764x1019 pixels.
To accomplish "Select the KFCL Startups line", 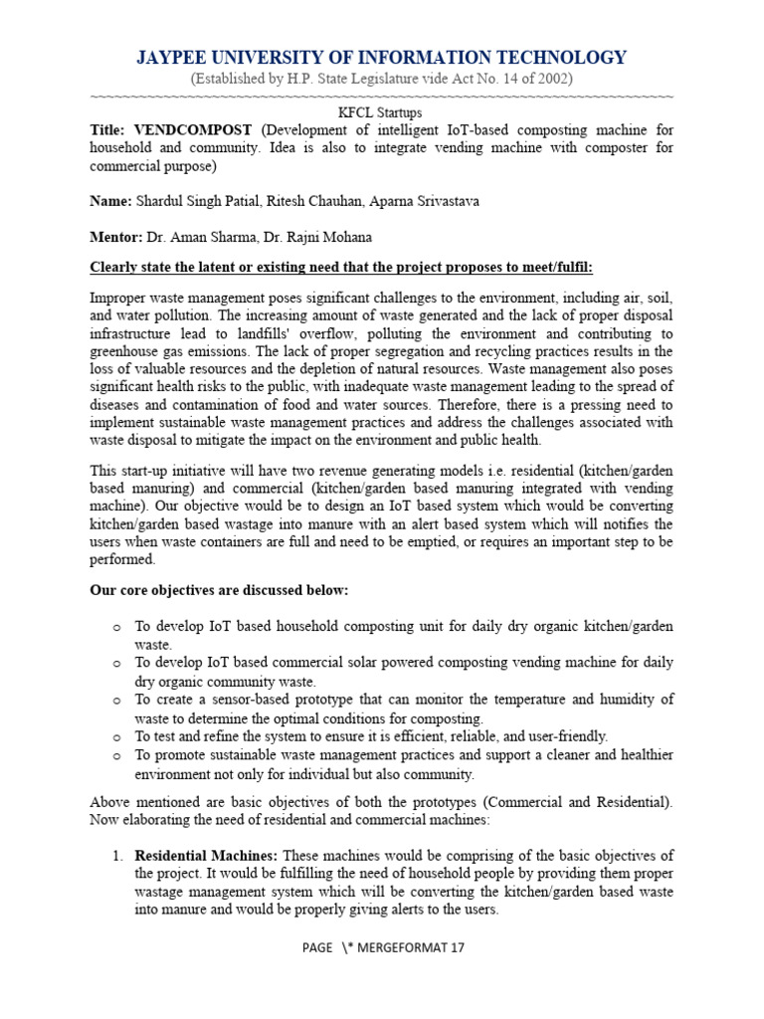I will (382, 113).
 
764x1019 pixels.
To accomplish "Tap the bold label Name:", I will (110, 201).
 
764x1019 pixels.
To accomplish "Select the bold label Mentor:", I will (116, 237).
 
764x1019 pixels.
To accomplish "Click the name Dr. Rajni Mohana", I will (314, 237).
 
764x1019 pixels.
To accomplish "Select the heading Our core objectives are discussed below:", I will (220, 590).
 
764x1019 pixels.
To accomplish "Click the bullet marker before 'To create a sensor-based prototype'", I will (116, 700).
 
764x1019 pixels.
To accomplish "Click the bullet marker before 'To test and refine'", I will (116, 736).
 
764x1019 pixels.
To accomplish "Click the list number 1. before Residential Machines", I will (116, 857).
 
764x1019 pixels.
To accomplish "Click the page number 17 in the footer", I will (457, 947).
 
